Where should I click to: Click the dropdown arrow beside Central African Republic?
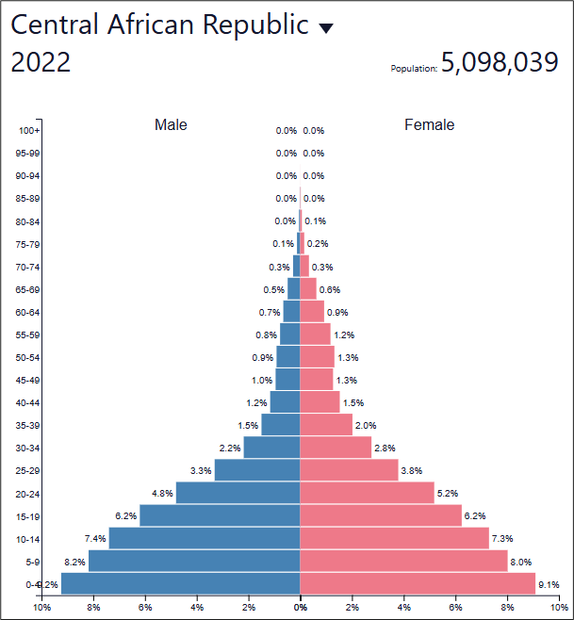point(326,29)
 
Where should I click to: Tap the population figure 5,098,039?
point(500,63)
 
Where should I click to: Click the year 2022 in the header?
point(41,63)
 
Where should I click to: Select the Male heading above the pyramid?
point(171,124)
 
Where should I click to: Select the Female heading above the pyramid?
point(429,124)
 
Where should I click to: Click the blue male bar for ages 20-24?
point(238,493)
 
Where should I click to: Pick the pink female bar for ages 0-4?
point(418,584)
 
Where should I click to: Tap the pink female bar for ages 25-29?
point(349,470)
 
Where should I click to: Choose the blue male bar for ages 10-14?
point(205,538)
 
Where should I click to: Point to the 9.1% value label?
point(549,585)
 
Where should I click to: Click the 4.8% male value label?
point(162,494)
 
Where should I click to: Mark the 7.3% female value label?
point(502,539)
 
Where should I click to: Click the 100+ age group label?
point(29,131)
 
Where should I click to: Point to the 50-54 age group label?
point(28,357)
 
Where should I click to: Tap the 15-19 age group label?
point(28,515)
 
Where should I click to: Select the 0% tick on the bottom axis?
point(300,608)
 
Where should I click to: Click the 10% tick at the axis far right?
point(558,608)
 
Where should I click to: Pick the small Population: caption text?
point(414,69)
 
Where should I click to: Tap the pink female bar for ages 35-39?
point(326,425)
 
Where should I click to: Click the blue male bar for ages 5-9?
point(194,561)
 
